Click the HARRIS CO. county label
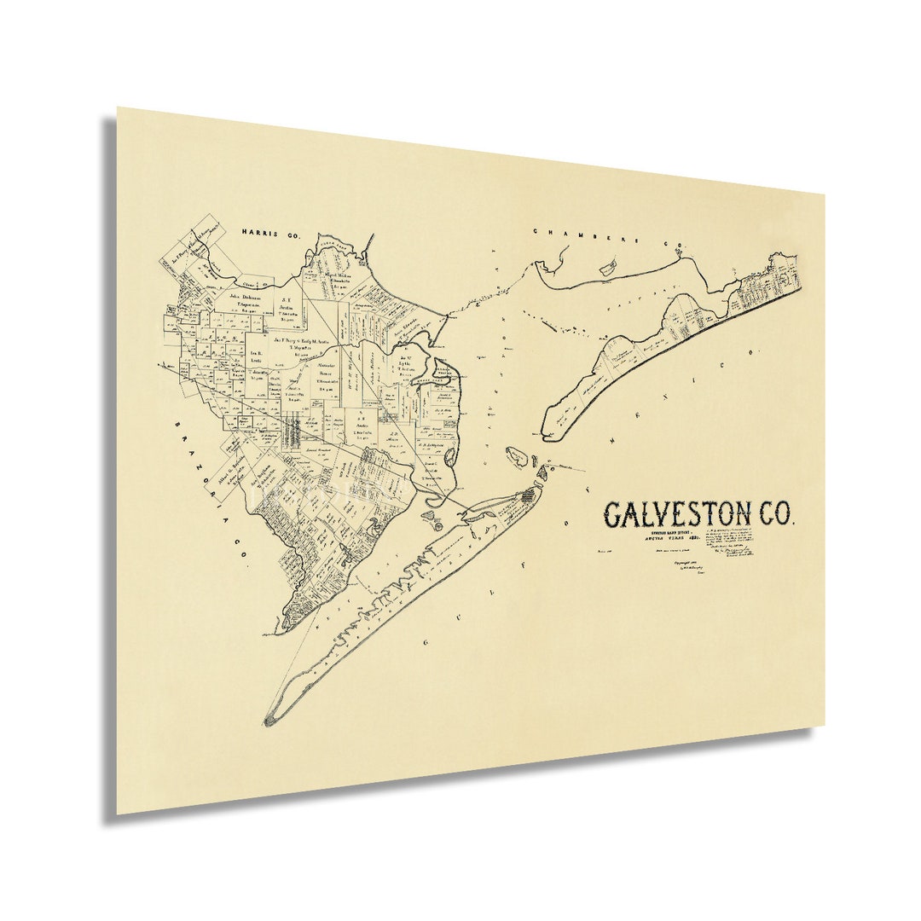pos(269,231)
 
